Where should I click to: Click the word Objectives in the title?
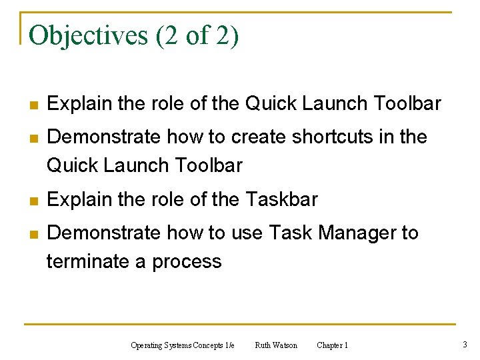click(x=89, y=35)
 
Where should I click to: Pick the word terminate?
click(x=88, y=261)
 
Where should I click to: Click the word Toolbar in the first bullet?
click(x=407, y=103)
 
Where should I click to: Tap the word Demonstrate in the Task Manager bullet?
click(x=104, y=233)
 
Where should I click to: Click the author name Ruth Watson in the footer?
click(x=276, y=345)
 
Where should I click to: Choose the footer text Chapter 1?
click(x=332, y=345)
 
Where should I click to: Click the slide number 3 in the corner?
click(x=464, y=345)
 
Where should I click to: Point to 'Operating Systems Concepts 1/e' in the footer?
click(x=183, y=345)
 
